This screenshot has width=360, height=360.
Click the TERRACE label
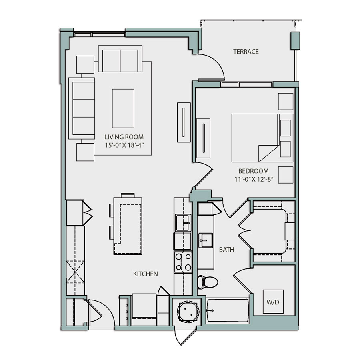click(246, 52)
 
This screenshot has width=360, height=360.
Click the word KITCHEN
click(145, 274)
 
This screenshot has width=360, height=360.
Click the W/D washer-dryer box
click(273, 301)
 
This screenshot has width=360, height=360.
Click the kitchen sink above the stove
click(183, 222)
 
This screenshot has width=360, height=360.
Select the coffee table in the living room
click(123, 108)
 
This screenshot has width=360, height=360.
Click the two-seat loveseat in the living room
click(120, 59)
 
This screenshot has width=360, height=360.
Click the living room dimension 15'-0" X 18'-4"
click(124, 146)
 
